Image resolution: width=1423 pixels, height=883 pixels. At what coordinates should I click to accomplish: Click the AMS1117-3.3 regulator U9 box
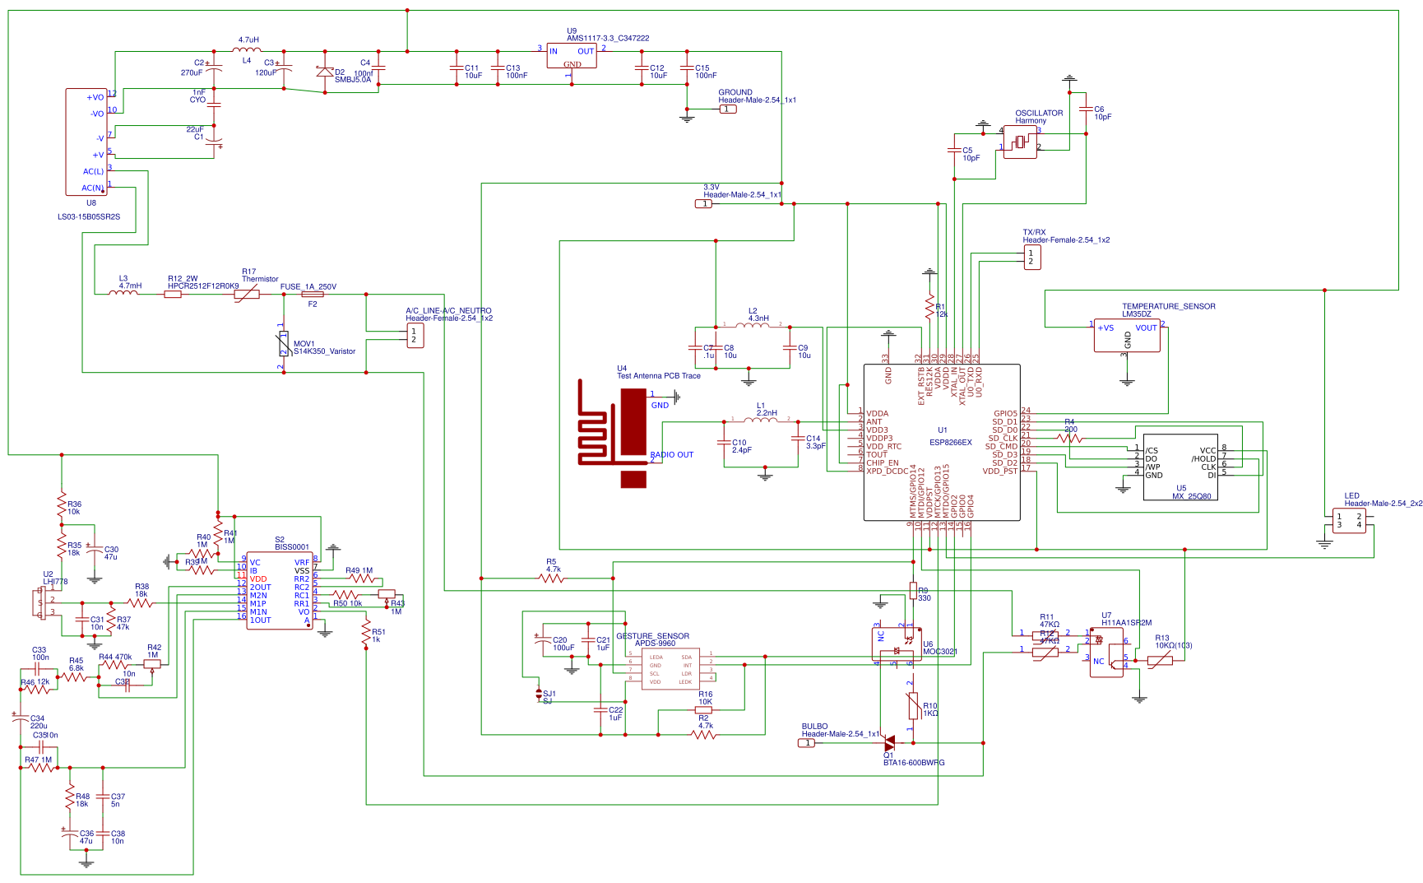click(571, 57)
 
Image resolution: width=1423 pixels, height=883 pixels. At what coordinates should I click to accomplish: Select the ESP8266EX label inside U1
click(950, 443)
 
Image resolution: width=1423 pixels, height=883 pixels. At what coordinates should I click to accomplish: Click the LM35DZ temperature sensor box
click(1126, 336)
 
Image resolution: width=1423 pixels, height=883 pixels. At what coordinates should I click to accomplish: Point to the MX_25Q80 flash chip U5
click(1180, 467)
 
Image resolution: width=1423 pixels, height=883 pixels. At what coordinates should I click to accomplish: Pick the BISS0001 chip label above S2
click(292, 547)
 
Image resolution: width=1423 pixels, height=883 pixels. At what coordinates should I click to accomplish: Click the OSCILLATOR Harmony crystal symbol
click(1020, 142)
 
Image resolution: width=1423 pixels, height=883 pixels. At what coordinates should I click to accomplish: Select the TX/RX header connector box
click(1032, 258)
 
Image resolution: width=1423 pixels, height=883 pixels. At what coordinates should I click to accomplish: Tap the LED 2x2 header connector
click(1349, 521)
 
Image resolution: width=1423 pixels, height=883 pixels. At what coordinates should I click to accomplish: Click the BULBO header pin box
click(807, 743)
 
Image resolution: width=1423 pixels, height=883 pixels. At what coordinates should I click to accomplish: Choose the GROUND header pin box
click(728, 109)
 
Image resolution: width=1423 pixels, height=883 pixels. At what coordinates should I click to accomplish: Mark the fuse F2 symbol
click(313, 294)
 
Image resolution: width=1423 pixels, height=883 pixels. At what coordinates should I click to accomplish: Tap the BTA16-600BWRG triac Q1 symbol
click(888, 743)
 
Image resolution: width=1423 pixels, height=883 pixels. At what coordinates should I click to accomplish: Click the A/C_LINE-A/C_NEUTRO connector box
click(415, 336)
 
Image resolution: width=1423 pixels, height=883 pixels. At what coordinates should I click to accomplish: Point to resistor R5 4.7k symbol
click(551, 579)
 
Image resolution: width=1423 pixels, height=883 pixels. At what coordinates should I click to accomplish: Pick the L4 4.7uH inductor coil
click(247, 51)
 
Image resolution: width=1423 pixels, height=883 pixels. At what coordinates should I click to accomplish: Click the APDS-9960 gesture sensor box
click(670, 669)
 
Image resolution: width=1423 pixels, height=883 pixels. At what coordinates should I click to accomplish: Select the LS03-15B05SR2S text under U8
click(89, 217)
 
